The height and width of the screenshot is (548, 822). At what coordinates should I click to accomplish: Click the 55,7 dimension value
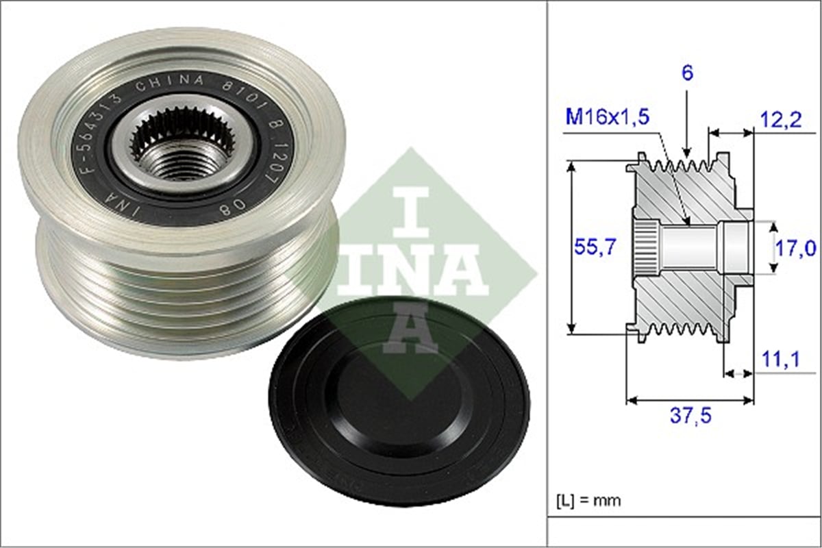[x=594, y=247]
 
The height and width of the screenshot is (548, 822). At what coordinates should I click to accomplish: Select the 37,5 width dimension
[x=690, y=416]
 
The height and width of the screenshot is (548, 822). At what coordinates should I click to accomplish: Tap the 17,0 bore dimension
[x=795, y=248]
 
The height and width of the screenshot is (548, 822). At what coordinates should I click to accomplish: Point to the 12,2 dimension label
[x=780, y=119]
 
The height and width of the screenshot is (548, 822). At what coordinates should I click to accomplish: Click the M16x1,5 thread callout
[x=608, y=117]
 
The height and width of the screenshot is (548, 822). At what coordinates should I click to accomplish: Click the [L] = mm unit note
[x=589, y=500]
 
